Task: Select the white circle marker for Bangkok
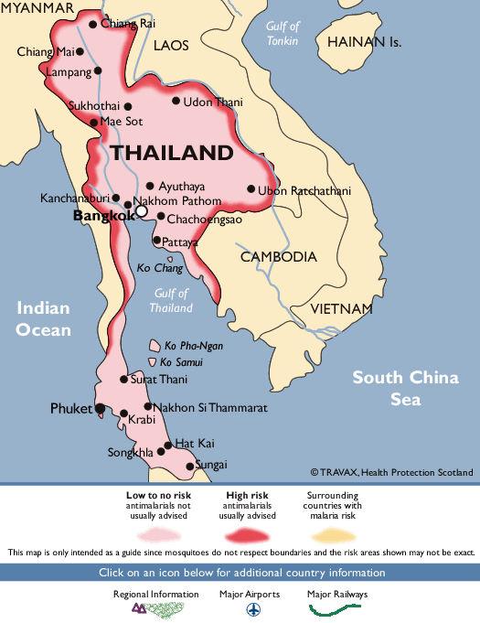[x=141, y=211]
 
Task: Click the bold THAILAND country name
[x=172, y=153]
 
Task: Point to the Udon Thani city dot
[x=177, y=102]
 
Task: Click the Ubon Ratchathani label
[x=304, y=191]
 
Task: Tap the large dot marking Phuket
[x=100, y=410]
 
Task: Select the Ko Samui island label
[x=181, y=362]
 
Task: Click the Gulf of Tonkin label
[x=283, y=33]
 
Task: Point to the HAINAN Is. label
[x=364, y=42]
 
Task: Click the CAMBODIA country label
[x=279, y=257]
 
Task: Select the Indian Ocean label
[x=43, y=319]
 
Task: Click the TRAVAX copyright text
[x=391, y=472]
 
